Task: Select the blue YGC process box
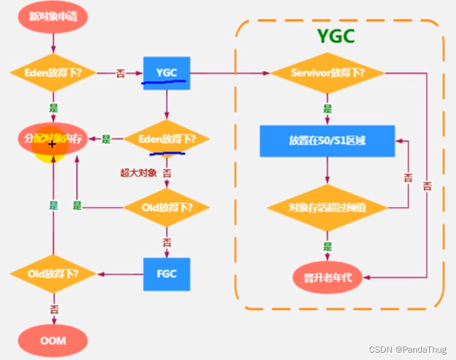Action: (166, 73)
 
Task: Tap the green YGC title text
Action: (335, 36)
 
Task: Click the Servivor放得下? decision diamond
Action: (327, 73)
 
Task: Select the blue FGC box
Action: (166, 274)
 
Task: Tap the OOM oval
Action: (53, 340)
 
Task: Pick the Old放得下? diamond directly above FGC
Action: (166, 207)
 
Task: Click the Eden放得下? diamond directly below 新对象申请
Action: (53, 73)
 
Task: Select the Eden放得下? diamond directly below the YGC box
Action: (166, 140)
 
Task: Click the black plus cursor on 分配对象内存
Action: (52, 144)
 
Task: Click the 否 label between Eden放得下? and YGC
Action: (121, 73)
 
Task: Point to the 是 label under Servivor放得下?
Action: (327, 109)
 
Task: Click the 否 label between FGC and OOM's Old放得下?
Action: (53, 309)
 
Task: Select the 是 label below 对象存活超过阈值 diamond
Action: (327, 247)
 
